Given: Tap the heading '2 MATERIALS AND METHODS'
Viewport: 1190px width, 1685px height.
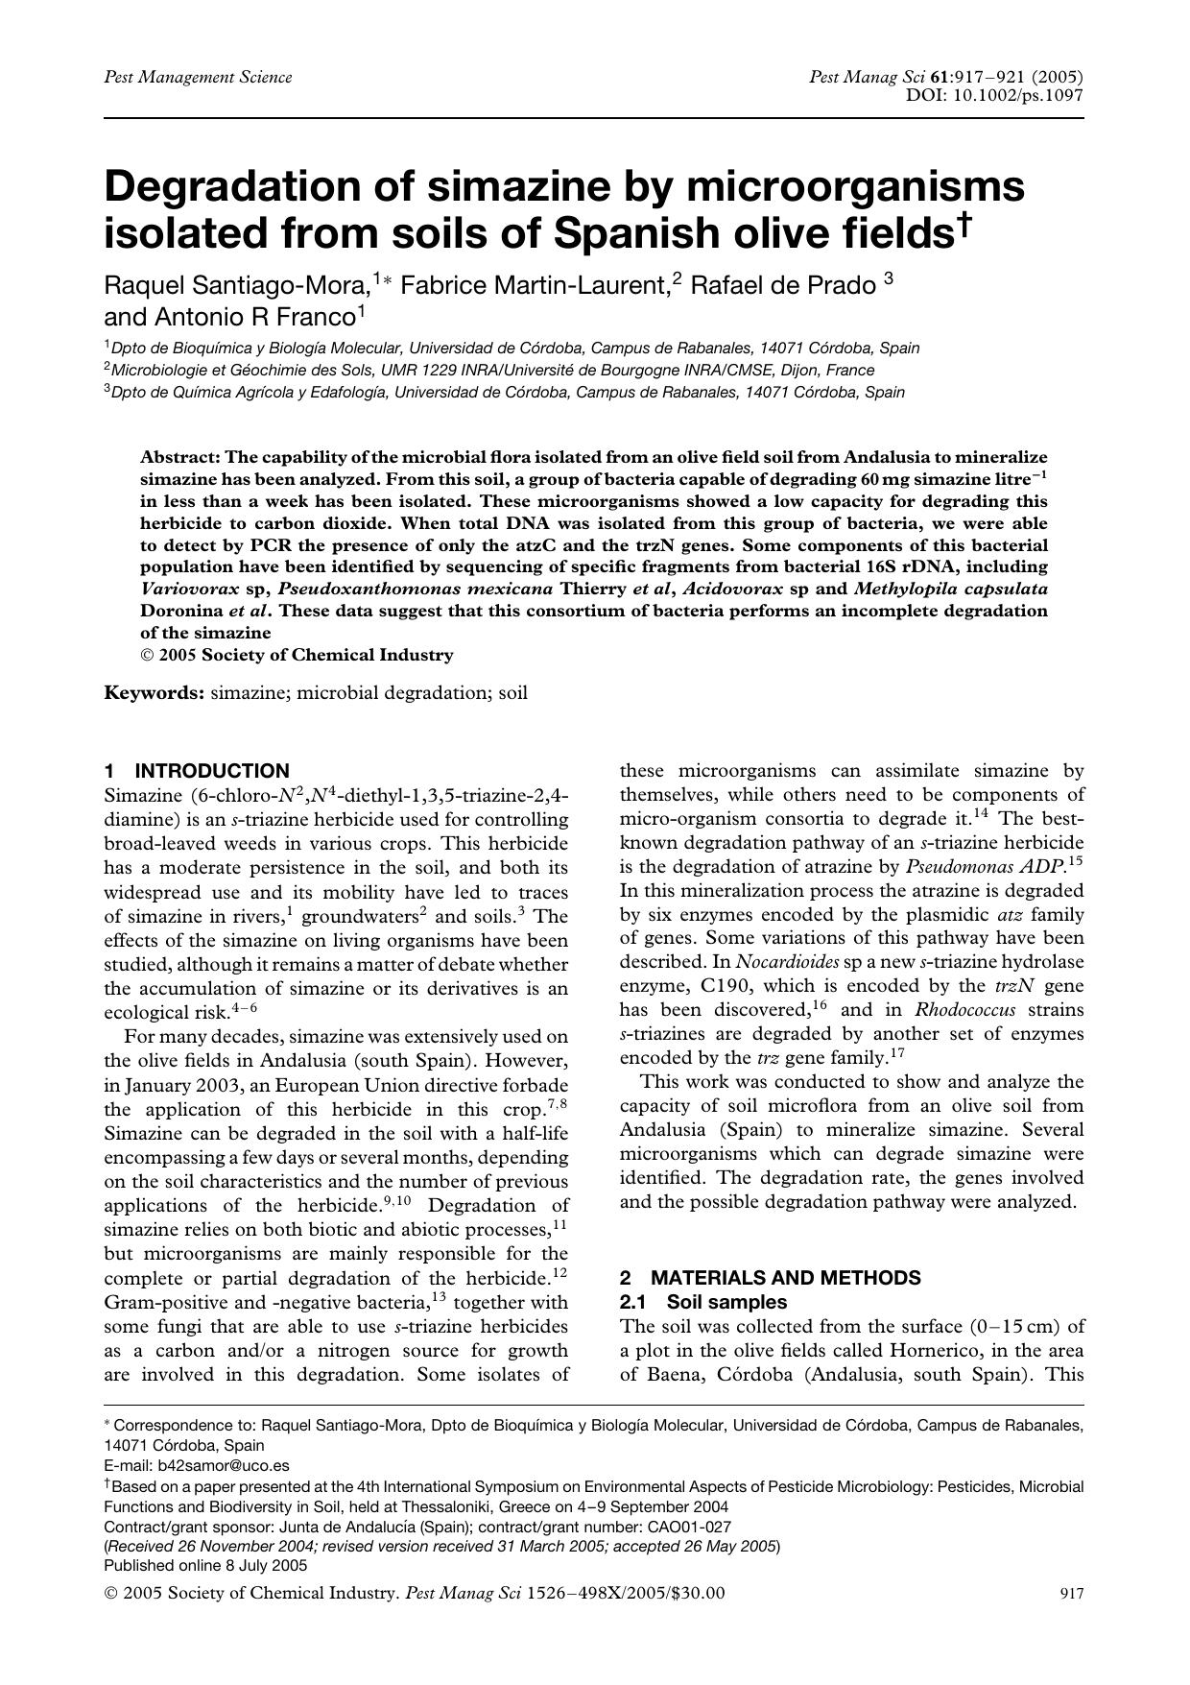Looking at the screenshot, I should click(x=770, y=1278).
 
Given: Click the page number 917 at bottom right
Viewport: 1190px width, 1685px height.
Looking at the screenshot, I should click(x=1071, y=1595).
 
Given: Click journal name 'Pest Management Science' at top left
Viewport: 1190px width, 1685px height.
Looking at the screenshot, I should click(x=198, y=77).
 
